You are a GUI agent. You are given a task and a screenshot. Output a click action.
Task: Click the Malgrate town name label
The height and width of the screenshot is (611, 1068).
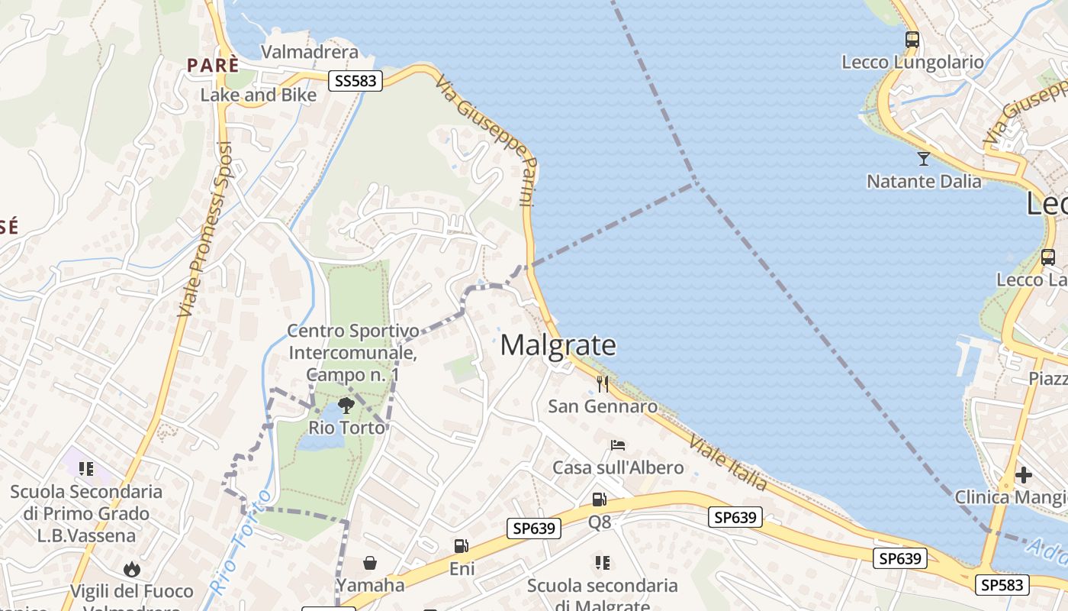558,345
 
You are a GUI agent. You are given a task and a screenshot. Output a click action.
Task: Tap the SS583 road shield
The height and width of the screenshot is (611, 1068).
355,80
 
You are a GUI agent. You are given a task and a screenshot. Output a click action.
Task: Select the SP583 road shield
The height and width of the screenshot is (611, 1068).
1002,585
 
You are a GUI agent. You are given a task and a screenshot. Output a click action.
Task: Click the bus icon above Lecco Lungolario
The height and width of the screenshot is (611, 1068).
912,40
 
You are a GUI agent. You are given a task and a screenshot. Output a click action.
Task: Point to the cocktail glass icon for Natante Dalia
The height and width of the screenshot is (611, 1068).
923,159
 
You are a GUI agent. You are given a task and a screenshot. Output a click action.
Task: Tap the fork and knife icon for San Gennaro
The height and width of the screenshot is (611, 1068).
603,383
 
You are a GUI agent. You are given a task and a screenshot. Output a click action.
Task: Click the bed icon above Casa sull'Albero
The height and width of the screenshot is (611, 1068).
617,445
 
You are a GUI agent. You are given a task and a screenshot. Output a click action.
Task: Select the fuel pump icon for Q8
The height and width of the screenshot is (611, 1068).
600,499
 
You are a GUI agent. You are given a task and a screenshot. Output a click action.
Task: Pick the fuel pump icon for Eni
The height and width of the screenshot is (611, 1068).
461,545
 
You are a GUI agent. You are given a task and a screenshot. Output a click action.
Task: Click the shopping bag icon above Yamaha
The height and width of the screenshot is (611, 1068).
370,563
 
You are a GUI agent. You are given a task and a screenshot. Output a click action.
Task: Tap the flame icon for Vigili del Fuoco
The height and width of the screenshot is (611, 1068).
132,569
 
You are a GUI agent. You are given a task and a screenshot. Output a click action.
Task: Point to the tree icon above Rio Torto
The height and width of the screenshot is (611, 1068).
346,405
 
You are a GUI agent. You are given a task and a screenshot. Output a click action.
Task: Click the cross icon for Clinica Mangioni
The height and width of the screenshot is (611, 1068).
1024,475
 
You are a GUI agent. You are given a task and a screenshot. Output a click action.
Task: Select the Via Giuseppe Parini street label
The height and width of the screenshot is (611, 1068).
488,140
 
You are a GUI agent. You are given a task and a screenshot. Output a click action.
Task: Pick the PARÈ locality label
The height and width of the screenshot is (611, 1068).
213,66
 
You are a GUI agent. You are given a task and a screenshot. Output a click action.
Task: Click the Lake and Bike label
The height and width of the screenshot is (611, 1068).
258,95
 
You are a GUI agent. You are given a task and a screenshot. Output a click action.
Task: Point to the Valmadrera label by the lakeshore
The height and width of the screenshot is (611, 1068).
309,52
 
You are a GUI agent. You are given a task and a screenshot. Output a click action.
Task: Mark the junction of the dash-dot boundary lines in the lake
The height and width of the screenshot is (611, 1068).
695,183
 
